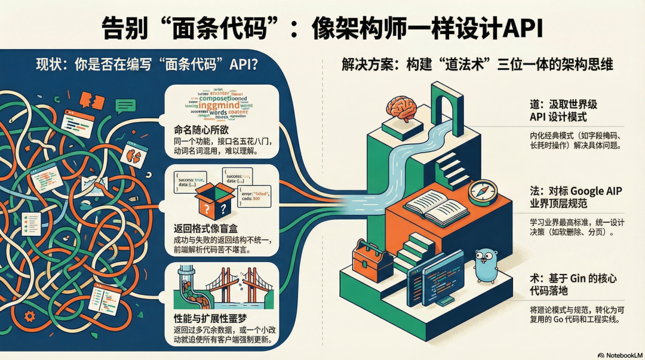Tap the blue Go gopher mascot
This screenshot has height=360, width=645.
pyautogui.click(x=487, y=266)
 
